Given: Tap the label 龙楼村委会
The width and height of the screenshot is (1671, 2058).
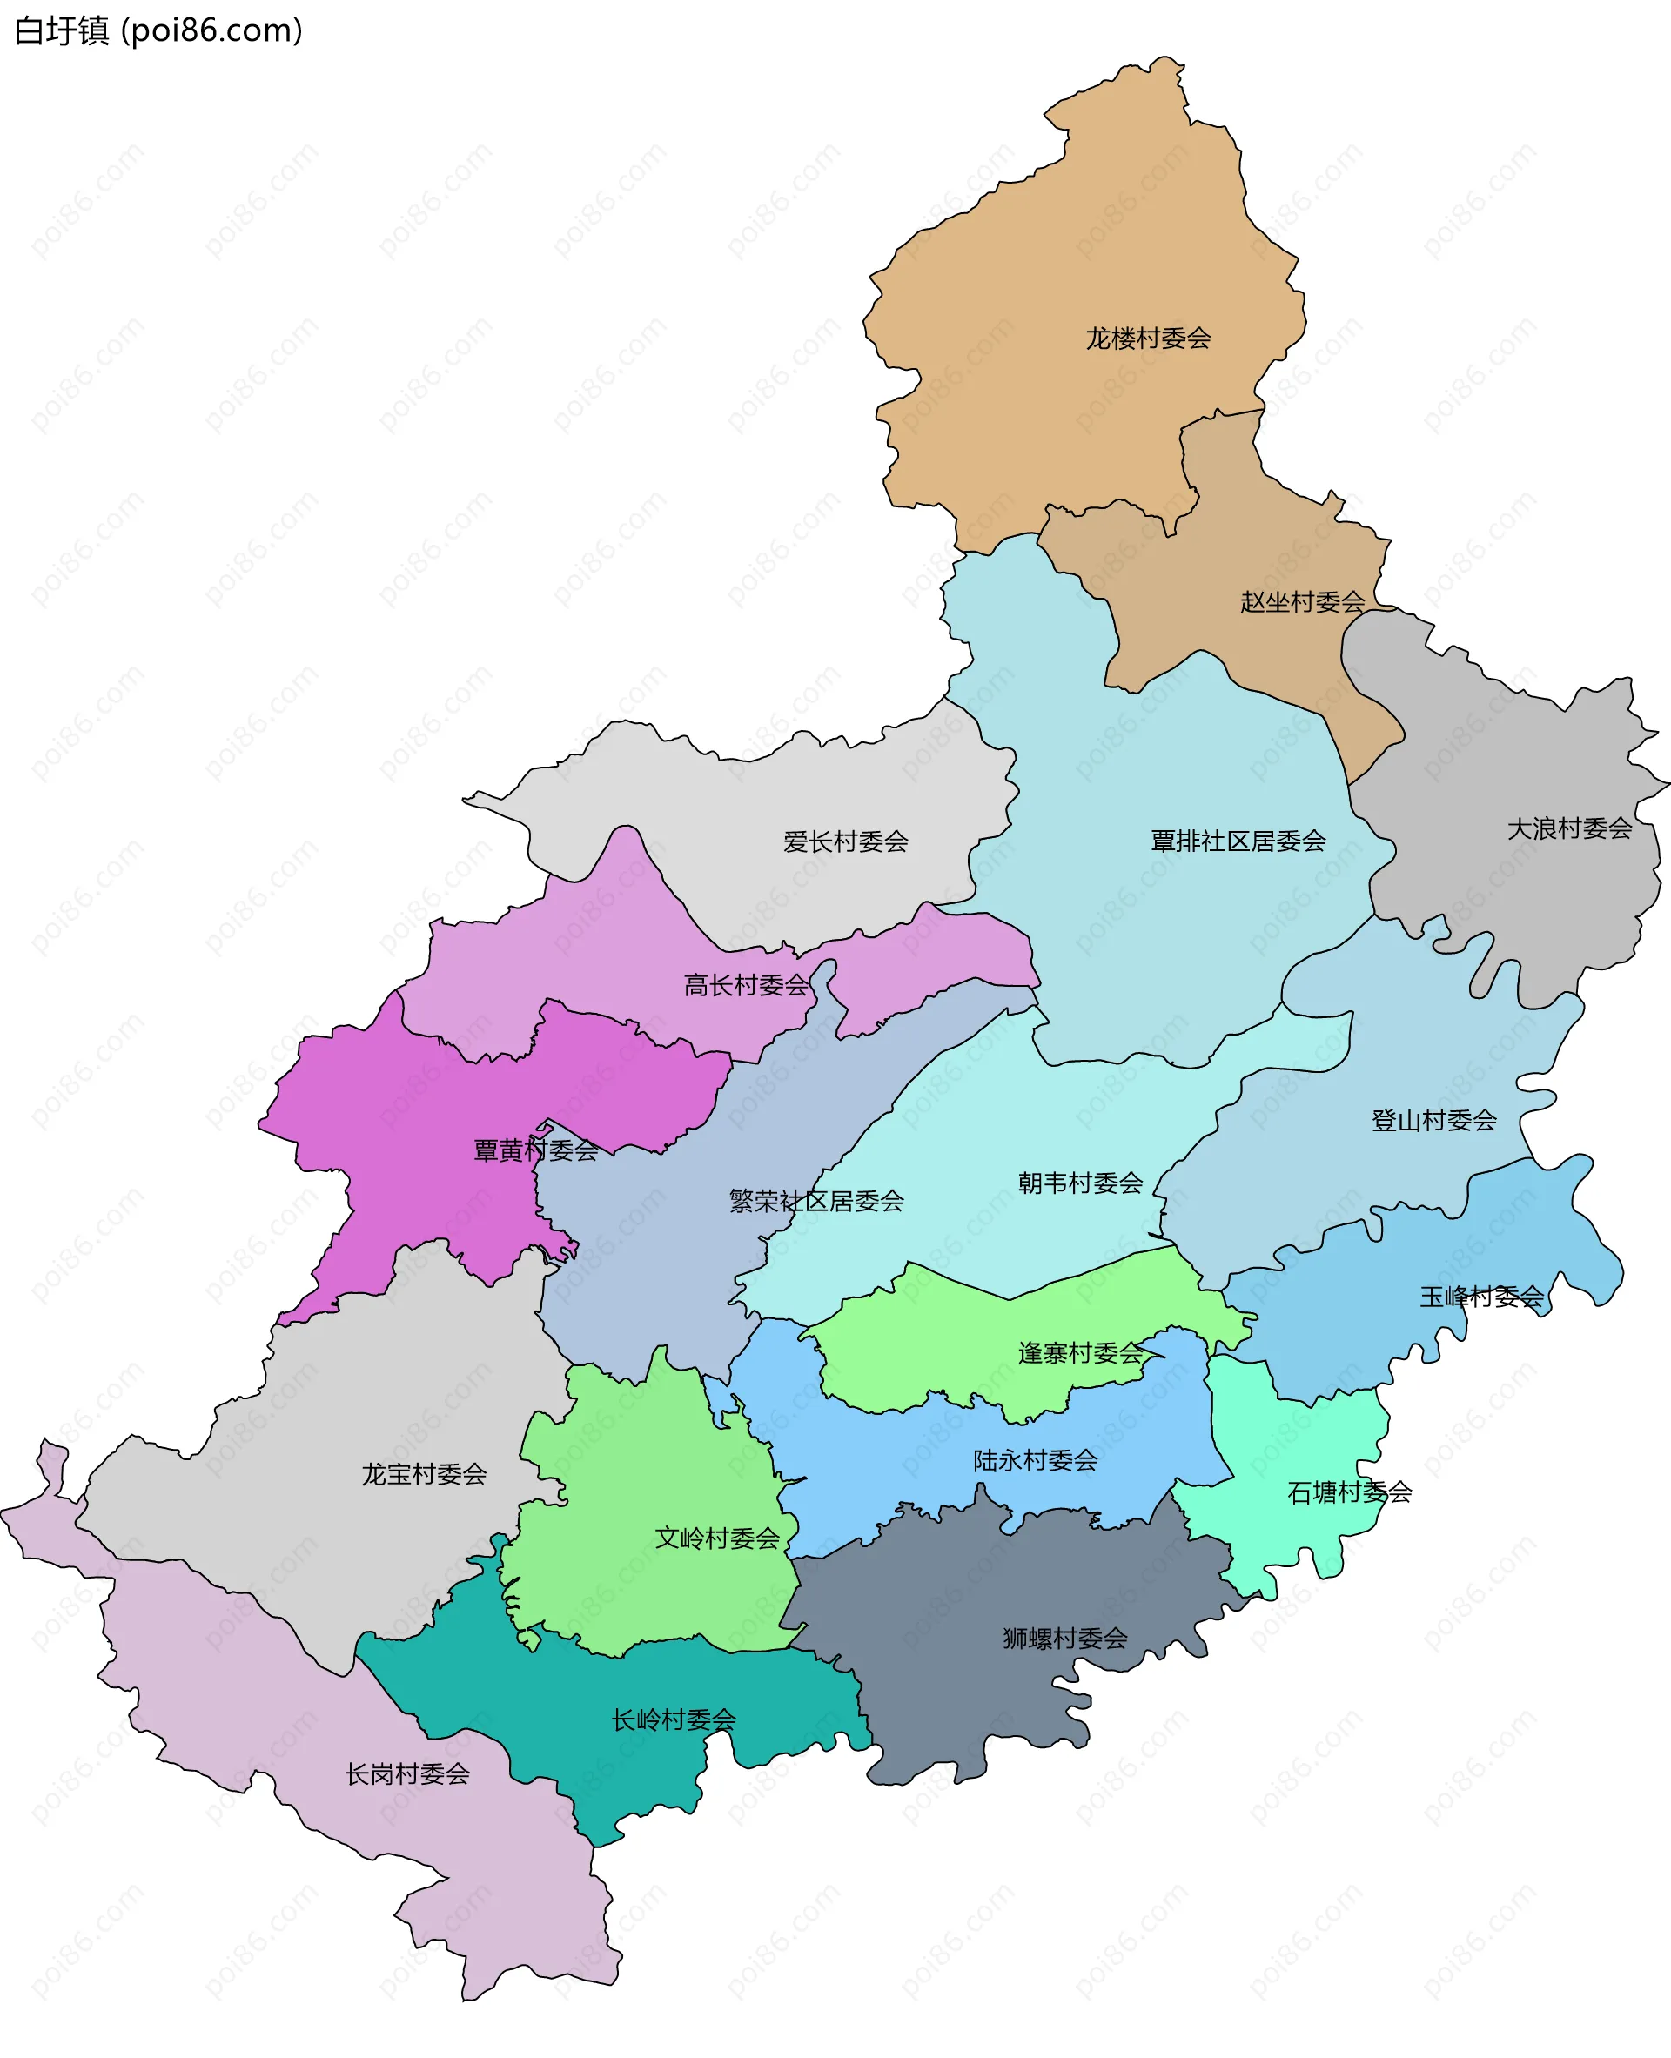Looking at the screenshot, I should pos(1147,339).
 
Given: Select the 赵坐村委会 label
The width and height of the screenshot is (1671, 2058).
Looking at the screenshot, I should pos(1301,602).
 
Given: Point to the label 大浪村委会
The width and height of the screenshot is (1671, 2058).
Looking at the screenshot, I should pos(1569,828).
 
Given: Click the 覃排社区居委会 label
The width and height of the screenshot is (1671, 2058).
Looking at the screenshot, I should pos(1238,841).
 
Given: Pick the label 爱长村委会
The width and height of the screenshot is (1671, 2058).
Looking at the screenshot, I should pos(845,842).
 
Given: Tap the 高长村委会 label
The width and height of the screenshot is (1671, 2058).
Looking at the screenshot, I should pos(746,986).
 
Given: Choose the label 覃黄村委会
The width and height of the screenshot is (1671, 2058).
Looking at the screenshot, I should pos(535,1150).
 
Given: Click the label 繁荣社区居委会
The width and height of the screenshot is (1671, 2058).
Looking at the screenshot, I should pos(816,1202).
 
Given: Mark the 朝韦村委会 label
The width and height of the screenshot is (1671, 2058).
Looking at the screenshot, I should pos(1080,1183).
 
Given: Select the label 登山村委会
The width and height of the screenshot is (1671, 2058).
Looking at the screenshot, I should pos(1433,1121).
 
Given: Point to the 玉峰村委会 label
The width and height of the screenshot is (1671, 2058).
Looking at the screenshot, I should pos(1481,1297).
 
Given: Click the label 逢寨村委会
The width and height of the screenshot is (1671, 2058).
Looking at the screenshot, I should pos(1080,1353).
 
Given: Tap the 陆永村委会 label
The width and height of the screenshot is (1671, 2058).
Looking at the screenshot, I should pos(1035,1460).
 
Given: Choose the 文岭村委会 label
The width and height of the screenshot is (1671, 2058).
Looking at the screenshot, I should pos(716,1538).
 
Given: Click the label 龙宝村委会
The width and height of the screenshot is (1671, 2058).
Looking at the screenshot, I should pos(424,1474).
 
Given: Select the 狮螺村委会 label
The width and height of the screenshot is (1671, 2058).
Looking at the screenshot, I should pos(1064,1639).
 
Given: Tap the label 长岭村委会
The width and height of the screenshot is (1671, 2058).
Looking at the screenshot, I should pos(673,1720).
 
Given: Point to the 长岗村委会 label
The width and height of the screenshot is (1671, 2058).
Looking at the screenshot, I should pos(407,1774).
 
